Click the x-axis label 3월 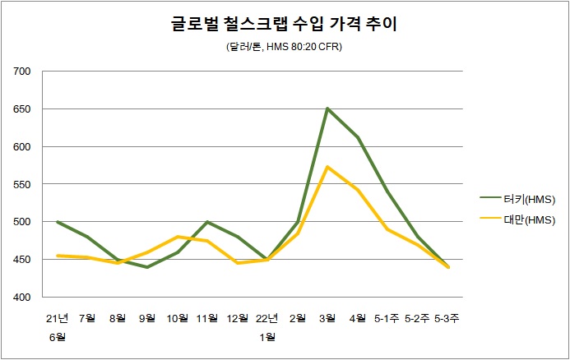(x=327, y=318)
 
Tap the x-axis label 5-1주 (x=387, y=318)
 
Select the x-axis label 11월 (x=207, y=318)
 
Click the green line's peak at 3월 (x=327, y=108)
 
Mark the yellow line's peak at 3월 (x=327, y=167)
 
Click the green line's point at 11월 (x=207, y=222)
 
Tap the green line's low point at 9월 (x=147, y=267)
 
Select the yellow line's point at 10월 (x=178, y=237)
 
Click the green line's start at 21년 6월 (x=57, y=222)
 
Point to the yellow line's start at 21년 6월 (x=57, y=256)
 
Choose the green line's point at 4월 (x=358, y=137)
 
